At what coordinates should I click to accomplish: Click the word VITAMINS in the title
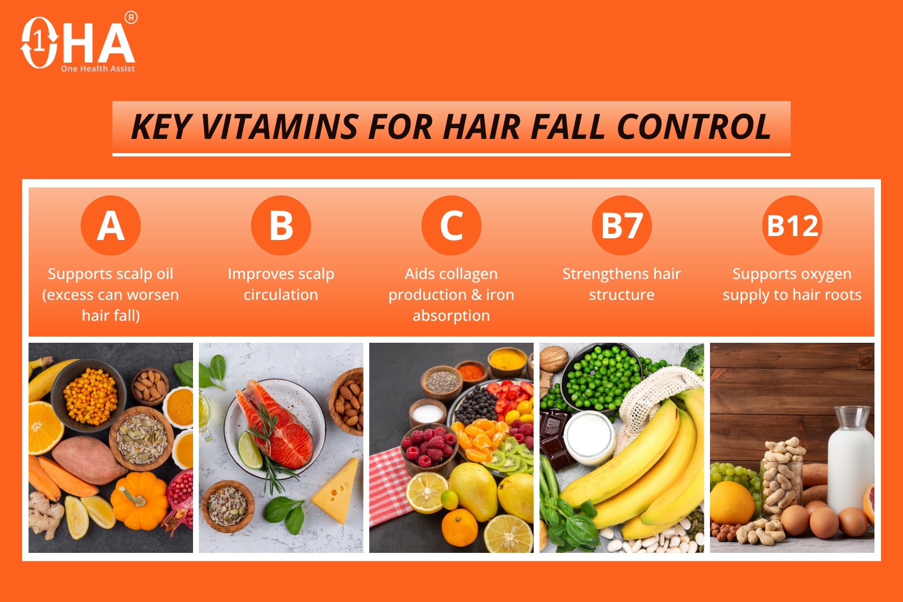click(280, 126)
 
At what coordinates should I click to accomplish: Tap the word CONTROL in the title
click(694, 126)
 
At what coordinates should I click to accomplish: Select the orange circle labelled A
click(111, 225)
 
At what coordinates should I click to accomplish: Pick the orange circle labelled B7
click(621, 225)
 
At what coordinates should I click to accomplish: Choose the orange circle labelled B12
click(792, 225)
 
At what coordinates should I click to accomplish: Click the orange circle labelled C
click(451, 225)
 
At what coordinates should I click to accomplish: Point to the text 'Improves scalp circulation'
click(281, 285)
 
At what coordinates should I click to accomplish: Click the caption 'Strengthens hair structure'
click(621, 285)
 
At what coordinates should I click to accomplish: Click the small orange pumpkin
click(139, 500)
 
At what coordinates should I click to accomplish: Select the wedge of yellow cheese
click(336, 491)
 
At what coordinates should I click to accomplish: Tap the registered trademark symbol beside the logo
click(131, 18)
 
